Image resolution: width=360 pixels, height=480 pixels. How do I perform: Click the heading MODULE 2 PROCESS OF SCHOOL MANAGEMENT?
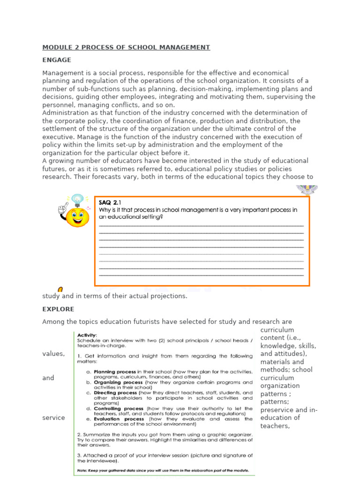tap(126, 47)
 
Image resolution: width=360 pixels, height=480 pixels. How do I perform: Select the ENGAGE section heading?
tap(57, 60)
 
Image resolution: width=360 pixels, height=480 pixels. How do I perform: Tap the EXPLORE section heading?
tap(58, 309)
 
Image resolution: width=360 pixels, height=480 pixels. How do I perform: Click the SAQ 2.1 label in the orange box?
tap(109, 202)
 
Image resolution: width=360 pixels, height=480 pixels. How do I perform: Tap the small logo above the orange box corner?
tap(307, 189)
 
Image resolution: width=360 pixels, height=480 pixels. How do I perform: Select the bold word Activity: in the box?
tap(87, 335)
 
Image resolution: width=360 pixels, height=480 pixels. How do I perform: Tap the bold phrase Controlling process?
tap(119, 408)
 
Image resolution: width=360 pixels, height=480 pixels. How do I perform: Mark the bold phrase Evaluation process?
tap(118, 419)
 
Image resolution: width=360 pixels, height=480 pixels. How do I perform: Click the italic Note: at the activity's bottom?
tap(83, 470)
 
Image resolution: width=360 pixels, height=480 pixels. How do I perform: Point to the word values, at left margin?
tap(53, 354)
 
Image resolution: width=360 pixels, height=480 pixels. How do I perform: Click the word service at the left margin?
tap(53, 418)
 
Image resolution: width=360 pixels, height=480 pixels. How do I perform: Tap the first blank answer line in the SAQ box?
tap(201, 226)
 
